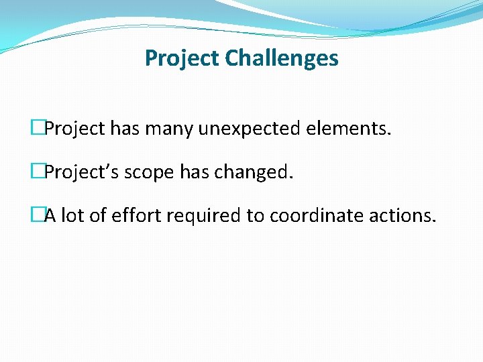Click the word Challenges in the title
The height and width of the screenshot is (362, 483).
[x=282, y=58]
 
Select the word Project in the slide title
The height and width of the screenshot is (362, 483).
[x=182, y=58]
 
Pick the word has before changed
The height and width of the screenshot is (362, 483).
[x=195, y=172]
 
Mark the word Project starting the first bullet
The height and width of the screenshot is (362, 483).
[x=74, y=129]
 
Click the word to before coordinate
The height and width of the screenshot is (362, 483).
[x=258, y=216]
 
